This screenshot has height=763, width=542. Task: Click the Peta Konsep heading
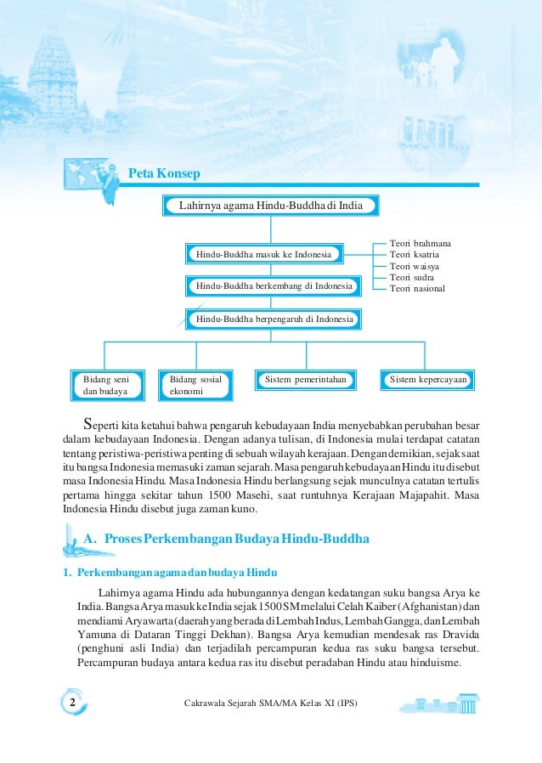click(x=164, y=174)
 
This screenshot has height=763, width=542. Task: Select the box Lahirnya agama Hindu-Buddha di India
click(x=270, y=206)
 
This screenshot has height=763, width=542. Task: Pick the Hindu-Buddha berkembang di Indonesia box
click(x=274, y=286)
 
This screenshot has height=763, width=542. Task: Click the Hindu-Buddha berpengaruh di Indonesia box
click(x=274, y=319)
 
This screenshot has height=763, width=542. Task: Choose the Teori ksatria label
click(x=415, y=255)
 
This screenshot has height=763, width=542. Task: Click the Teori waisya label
click(x=414, y=266)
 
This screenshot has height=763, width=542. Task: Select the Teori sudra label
click(x=411, y=277)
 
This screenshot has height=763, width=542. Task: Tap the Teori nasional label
click(x=417, y=289)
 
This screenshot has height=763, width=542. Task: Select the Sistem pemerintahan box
click(x=306, y=380)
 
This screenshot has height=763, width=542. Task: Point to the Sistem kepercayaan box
click(x=427, y=380)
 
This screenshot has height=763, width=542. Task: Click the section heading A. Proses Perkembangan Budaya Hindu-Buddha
click(x=227, y=540)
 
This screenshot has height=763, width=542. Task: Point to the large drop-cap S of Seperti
click(x=87, y=423)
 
